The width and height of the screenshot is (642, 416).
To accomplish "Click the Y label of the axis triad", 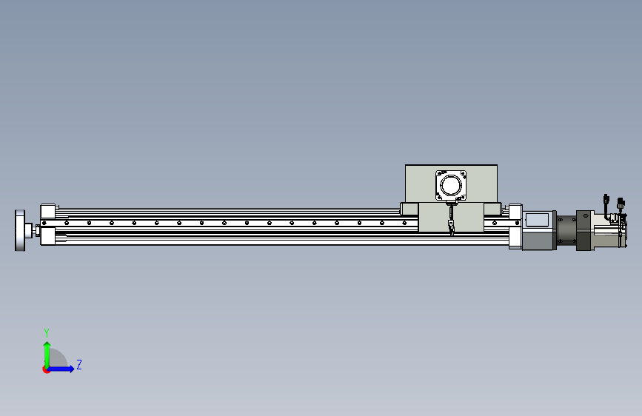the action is [47, 332].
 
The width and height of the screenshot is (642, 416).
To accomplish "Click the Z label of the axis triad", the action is [79, 364].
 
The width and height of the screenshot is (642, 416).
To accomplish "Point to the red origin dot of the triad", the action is [46, 369].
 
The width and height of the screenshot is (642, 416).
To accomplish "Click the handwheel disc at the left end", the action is [20, 230].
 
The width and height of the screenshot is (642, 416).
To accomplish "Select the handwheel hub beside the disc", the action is [29, 230].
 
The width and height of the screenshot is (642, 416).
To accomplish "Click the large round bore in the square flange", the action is [451, 186].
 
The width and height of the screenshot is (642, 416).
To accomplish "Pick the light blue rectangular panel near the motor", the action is [537, 220].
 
